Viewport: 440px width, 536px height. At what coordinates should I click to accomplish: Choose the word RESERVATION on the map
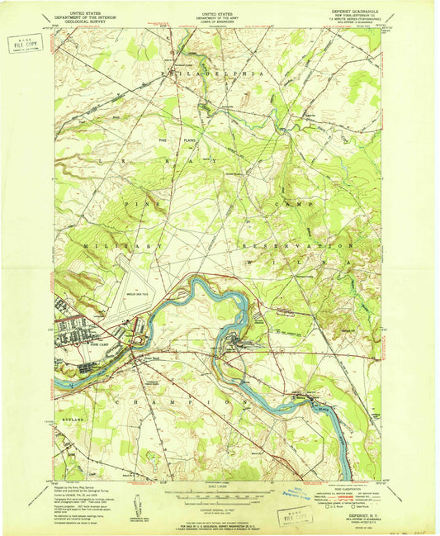[x=296, y=246]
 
